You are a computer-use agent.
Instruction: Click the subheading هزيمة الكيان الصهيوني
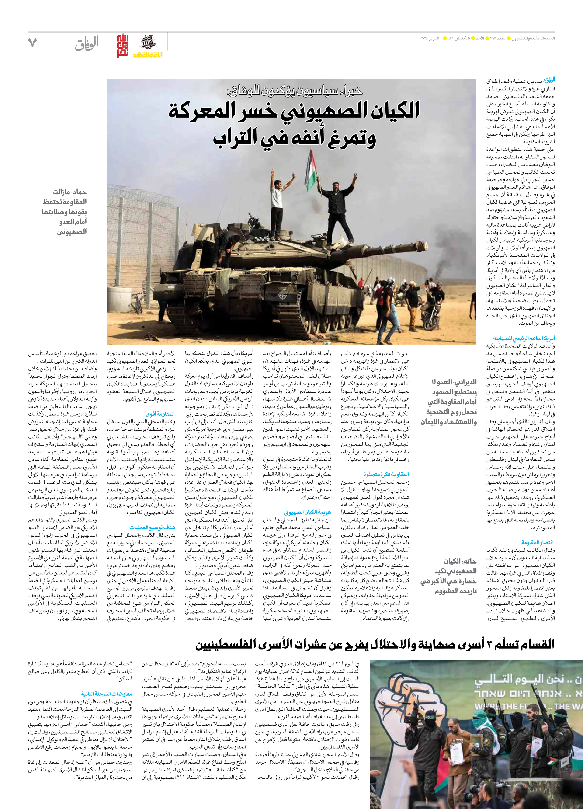[x=307, y=512]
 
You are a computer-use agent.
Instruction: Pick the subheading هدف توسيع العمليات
[x=152, y=527]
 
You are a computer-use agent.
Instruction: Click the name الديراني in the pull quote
[x=465, y=382]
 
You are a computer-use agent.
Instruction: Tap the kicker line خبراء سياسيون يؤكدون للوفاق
[x=294, y=91]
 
